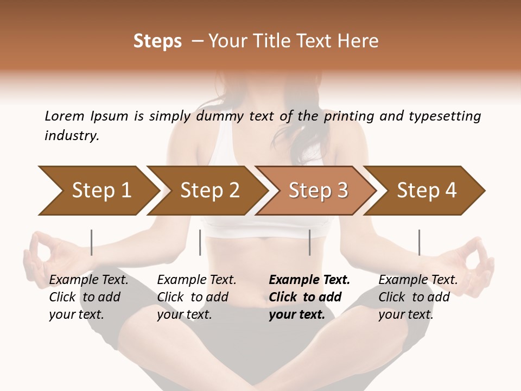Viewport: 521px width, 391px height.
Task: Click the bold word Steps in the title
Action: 157,41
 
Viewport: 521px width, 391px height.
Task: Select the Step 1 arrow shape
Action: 98,191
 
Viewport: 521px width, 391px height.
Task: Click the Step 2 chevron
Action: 208,191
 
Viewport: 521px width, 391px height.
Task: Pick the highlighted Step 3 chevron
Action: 317,191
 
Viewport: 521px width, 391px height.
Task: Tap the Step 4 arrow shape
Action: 425,191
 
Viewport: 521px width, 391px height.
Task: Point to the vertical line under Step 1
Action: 92,242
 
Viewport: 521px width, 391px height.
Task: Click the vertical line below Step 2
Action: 200,242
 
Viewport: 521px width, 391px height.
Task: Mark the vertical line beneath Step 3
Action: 310,242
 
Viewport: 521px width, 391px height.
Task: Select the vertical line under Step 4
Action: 419,242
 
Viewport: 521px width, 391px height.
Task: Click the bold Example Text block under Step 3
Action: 309,297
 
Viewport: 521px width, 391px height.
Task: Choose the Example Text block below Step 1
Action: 88,297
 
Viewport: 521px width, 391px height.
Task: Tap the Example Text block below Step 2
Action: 196,297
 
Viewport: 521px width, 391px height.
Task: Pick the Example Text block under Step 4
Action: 418,297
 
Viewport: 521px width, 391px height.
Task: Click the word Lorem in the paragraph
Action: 64,116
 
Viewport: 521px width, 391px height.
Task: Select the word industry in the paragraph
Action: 72,136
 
